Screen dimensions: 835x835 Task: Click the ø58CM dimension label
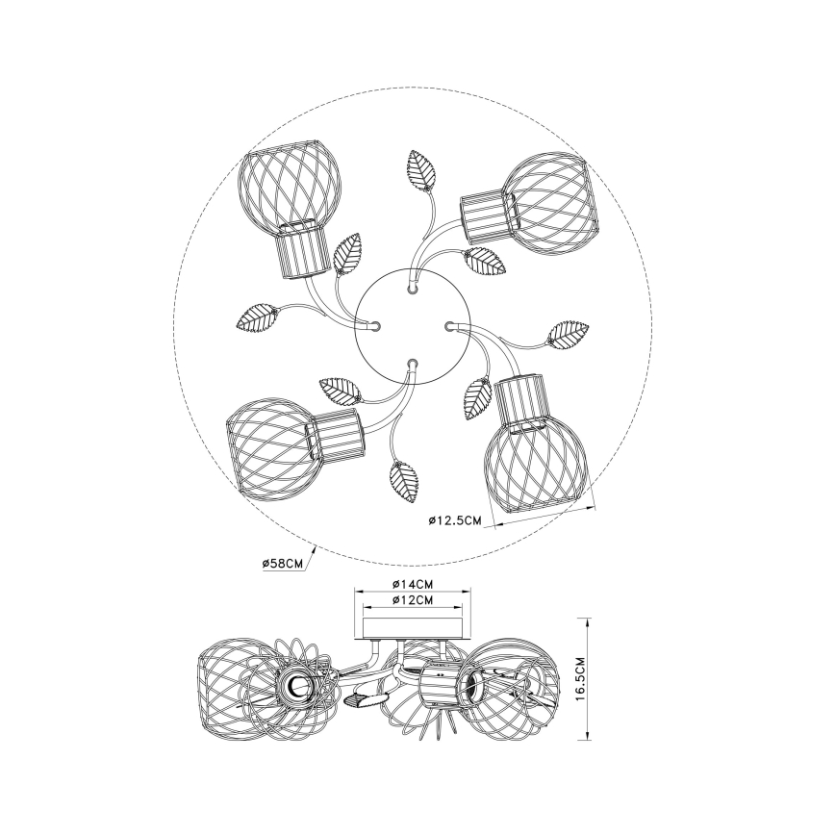click(x=282, y=563)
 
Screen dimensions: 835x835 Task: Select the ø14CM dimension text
click(x=412, y=584)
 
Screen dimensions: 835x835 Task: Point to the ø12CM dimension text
click(x=412, y=600)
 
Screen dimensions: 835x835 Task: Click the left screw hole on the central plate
click(x=376, y=325)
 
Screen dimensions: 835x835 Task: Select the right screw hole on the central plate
click(x=447, y=324)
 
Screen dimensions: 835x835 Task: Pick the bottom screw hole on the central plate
click(x=411, y=364)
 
